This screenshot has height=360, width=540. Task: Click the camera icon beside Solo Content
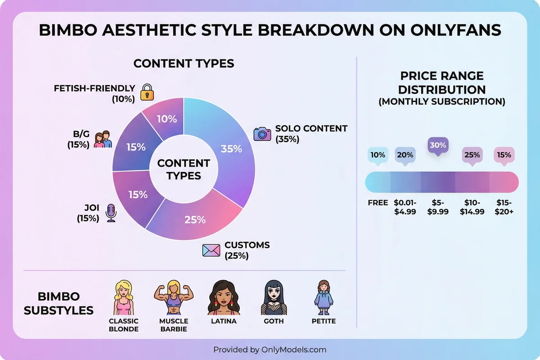click(262, 134)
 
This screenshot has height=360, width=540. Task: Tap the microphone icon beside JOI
click(111, 212)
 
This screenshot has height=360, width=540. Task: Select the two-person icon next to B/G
click(103, 139)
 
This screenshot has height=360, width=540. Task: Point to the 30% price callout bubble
click(438, 146)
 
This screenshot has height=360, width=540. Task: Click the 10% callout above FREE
click(378, 155)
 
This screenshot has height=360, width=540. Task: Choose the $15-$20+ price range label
click(504, 207)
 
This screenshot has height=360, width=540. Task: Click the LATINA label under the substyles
click(224, 321)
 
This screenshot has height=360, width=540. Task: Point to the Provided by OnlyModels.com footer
click(270, 350)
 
